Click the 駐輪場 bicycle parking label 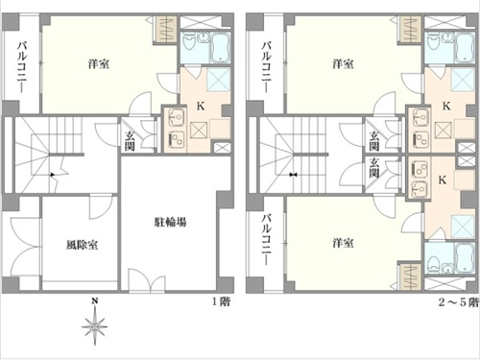[x=171, y=222]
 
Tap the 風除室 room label [x=82, y=245]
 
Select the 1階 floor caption [x=222, y=301]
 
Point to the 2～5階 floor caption [x=459, y=302]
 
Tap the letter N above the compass [x=95, y=300]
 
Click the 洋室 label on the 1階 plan [x=99, y=63]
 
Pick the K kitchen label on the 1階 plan [x=201, y=106]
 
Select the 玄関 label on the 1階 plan [x=130, y=141]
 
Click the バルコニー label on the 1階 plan [x=22, y=67]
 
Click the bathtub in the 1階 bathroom [x=220, y=48]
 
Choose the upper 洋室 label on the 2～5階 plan [x=343, y=63]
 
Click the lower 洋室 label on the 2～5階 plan [x=343, y=243]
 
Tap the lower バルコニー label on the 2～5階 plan [x=266, y=240]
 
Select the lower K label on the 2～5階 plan [x=443, y=180]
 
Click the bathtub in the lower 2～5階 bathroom [x=464, y=258]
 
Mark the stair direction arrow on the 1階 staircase [x=53, y=175]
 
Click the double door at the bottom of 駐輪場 [x=147, y=280]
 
